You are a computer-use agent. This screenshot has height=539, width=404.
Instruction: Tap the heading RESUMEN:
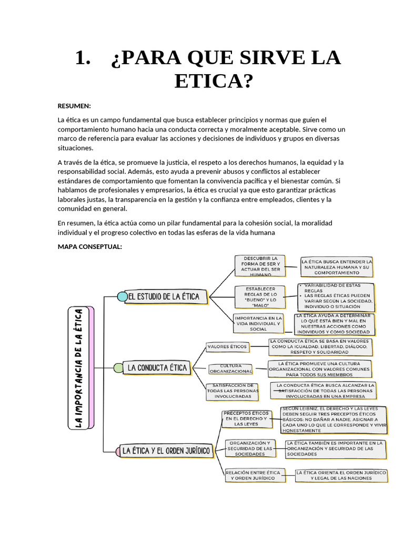(74, 106)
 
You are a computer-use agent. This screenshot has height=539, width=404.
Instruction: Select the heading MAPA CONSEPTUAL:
(90, 246)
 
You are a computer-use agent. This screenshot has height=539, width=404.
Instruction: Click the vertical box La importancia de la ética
(80, 367)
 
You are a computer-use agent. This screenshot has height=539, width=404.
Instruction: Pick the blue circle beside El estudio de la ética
(122, 296)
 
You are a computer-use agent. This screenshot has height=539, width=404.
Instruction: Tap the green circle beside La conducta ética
(119, 368)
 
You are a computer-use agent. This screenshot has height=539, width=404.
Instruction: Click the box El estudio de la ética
(164, 296)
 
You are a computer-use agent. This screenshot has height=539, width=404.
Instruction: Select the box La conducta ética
(157, 368)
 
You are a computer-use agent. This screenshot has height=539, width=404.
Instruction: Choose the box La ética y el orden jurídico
(166, 451)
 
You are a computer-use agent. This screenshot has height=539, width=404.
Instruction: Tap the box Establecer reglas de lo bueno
(260, 297)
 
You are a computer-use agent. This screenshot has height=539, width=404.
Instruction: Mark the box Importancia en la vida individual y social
(258, 323)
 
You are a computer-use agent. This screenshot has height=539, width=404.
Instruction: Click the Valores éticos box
(227, 347)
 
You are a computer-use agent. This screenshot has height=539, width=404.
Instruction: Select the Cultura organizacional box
(230, 368)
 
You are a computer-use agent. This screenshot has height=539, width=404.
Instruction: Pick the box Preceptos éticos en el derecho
(247, 418)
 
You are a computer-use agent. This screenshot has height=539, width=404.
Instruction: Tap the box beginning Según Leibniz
(334, 420)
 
